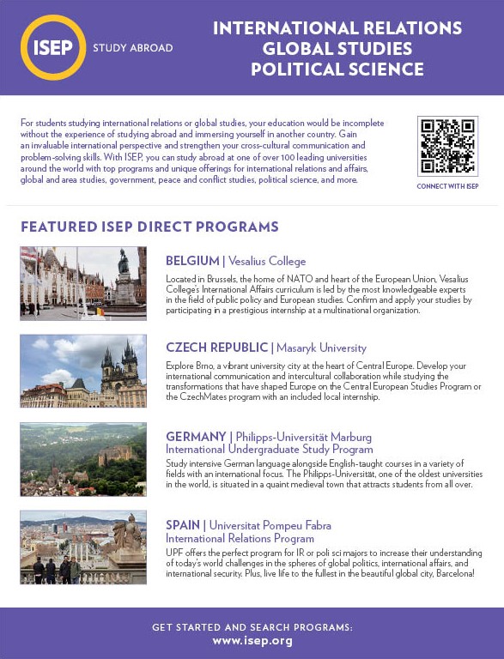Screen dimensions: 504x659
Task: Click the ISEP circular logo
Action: coord(53,47)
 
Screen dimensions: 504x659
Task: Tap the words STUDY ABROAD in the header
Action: coord(132,48)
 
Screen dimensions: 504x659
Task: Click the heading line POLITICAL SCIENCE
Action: coord(337,70)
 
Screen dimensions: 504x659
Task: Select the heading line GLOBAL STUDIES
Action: coord(337,49)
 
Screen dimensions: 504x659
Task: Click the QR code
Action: coord(447,146)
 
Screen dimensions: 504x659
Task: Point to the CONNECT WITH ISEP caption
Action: coord(447,186)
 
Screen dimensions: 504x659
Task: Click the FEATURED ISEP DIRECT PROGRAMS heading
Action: coord(149,227)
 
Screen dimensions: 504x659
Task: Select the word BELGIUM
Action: coord(192,261)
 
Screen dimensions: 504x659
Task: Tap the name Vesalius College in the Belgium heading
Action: coord(267,261)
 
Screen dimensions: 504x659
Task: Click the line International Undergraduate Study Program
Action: coord(270,449)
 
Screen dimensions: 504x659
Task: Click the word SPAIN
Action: coord(184,525)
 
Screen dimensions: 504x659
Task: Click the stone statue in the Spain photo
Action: coord(129,536)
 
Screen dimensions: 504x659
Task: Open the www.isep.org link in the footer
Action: coord(252,640)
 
